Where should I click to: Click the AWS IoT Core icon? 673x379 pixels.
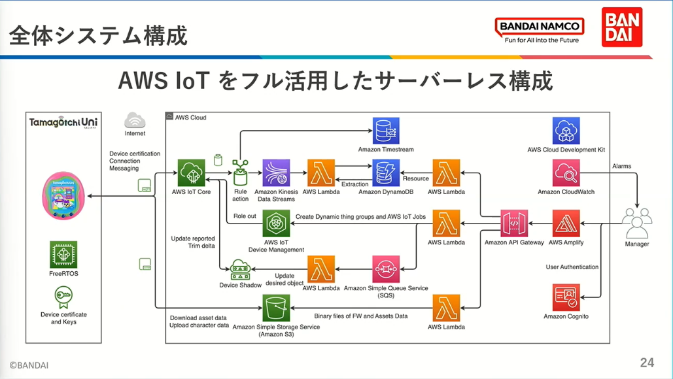tap(192, 173)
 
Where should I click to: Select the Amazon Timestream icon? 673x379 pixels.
tap(386, 131)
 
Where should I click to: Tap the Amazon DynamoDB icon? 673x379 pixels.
tap(386, 173)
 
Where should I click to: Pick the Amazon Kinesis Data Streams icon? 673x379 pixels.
tap(276, 173)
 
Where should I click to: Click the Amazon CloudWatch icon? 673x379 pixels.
tap(566, 173)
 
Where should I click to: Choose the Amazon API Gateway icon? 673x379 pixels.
tap(514, 223)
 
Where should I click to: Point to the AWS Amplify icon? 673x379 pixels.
tap(566, 223)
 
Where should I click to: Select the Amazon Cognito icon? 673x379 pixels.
tap(566, 297)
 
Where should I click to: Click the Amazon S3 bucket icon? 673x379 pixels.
tap(276, 308)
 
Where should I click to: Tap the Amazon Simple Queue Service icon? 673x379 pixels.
tap(386, 269)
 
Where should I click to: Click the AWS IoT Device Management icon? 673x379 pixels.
tap(276, 223)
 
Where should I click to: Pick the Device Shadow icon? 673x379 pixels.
tap(241, 270)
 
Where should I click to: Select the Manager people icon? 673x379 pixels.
tap(637, 223)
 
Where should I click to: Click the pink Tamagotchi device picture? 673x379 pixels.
tap(63, 195)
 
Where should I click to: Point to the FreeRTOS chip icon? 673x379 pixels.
tap(63, 255)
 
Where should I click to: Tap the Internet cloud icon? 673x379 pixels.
tap(135, 120)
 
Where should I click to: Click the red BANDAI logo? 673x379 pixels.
tap(622, 27)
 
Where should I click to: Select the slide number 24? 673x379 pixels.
tap(647, 363)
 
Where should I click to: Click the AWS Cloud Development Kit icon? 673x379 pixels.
tap(566, 131)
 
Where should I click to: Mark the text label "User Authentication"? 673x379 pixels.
tap(572, 267)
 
